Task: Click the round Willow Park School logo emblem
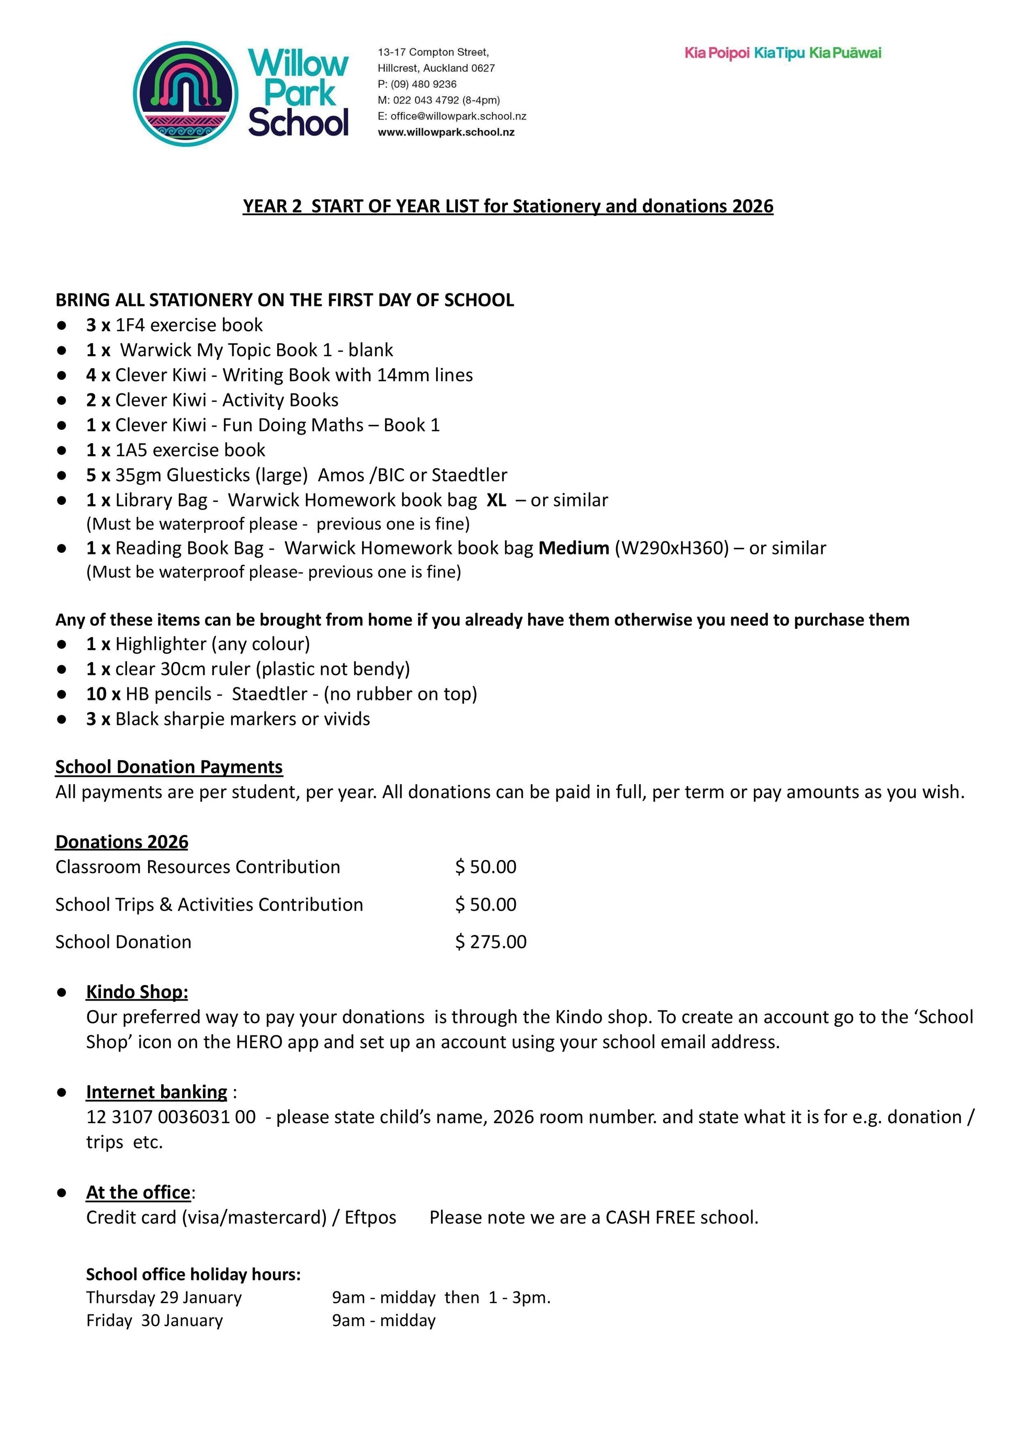click(x=186, y=94)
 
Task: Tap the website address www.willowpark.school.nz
click(x=446, y=132)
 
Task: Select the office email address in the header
click(x=458, y=116)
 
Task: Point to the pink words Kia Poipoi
click(x=717, y=53)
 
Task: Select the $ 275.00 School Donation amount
click(x=491, y=942)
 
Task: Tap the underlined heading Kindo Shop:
click(x=137, y=992)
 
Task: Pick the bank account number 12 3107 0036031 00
click(x=171, y=1116)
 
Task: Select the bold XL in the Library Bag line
click(x=496, y=500)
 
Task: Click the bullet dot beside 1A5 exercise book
click(x=61, y=450)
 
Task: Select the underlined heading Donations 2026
click(x=121, y=841)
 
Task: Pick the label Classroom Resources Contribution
click(x=197, y=866)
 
